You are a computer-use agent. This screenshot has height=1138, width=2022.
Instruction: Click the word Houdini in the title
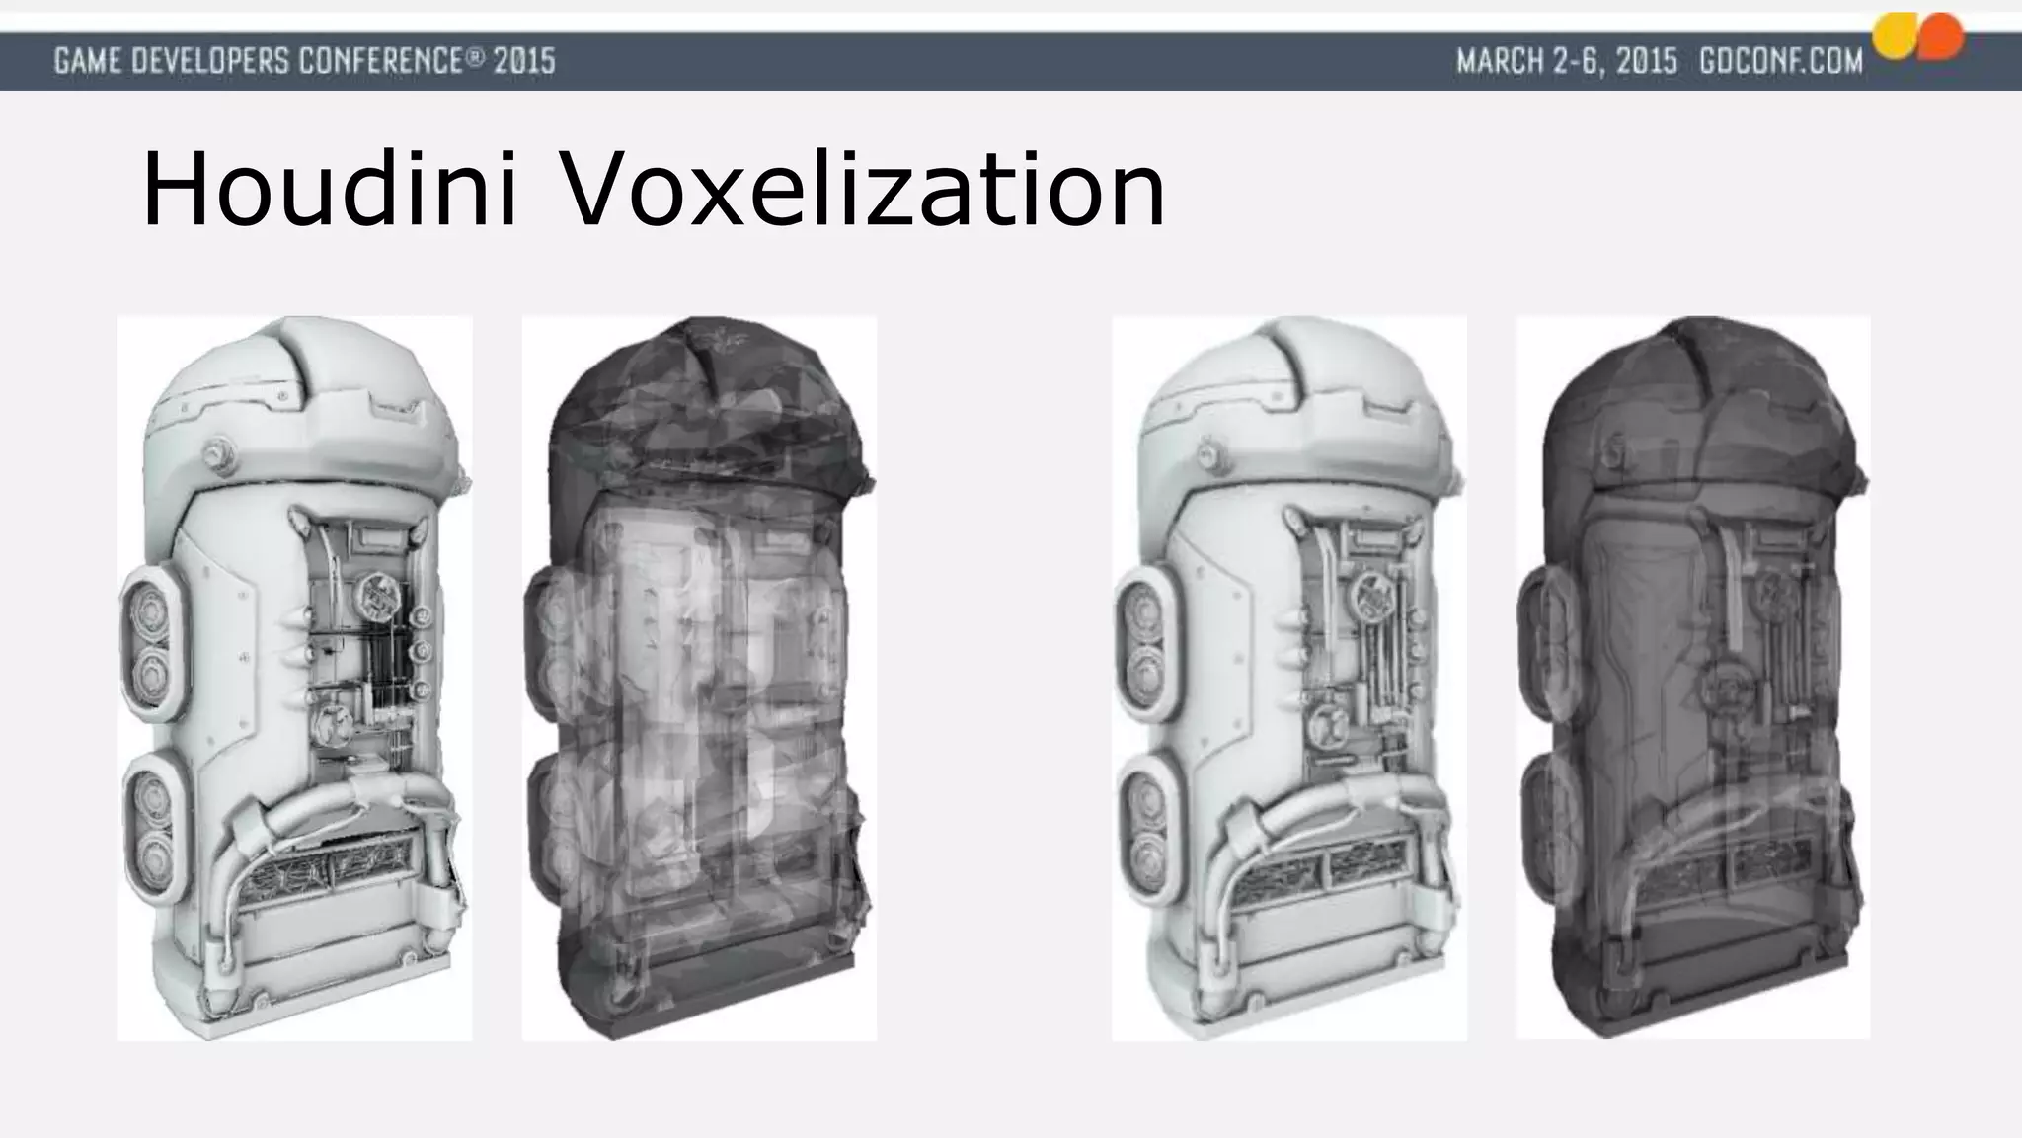330,190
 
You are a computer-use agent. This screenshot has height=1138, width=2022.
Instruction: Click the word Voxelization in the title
863,190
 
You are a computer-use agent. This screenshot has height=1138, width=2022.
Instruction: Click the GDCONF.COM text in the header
1780,61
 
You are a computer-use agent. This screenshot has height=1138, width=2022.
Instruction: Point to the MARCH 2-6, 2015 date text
1567,61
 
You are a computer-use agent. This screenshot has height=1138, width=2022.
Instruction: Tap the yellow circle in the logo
1895,37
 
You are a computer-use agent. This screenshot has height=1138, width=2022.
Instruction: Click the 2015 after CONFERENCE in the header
524,61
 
